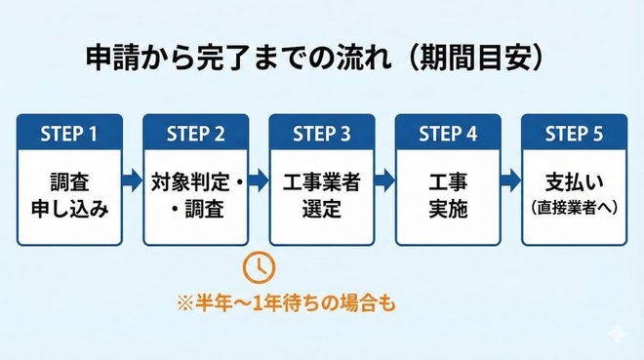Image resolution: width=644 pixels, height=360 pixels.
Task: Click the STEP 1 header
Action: (69, 134)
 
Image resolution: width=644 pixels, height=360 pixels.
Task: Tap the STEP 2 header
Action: (196, 134)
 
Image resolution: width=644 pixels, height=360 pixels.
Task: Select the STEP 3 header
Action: (322, 134)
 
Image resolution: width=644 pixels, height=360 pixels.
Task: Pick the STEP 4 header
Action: (448, 134)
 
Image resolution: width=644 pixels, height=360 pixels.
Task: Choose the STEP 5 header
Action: (574, 134)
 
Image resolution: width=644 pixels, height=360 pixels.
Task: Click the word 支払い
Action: (574, 181)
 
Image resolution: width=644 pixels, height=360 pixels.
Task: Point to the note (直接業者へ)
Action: (574, 207)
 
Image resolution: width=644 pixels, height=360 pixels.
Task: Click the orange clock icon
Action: (259, 265)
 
